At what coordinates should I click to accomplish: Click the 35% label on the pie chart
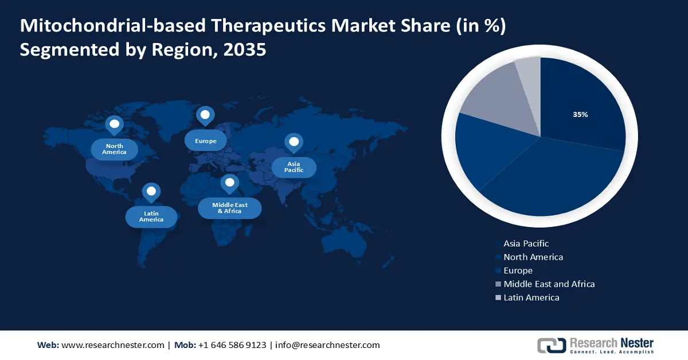click(580, 115)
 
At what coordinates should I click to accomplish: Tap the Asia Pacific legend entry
click(526, 244)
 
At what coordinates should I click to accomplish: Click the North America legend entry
click(533, 257)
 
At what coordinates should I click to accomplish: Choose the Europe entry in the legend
click(518, 271)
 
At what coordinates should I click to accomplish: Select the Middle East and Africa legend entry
click(549, 284)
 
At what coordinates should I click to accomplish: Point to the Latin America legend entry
click(531, 298)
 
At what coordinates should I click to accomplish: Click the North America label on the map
click(114, 149)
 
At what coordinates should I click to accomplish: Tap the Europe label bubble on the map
click(205, 140)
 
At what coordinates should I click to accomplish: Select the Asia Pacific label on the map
click(294, 167)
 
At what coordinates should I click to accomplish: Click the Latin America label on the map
click(151, 217)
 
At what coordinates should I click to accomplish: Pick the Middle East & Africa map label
click(229, 208)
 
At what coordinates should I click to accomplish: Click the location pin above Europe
click(205, 115)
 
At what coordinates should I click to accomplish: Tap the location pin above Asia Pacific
click(294, 143)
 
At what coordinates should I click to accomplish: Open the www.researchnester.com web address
click(112, 345)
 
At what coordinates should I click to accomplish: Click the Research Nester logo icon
click(551, 345)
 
